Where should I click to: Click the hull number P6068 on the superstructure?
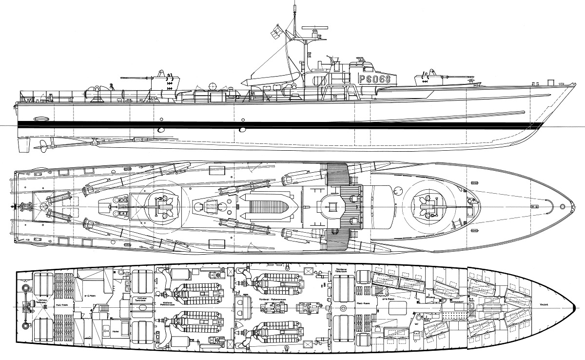point(374,79)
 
